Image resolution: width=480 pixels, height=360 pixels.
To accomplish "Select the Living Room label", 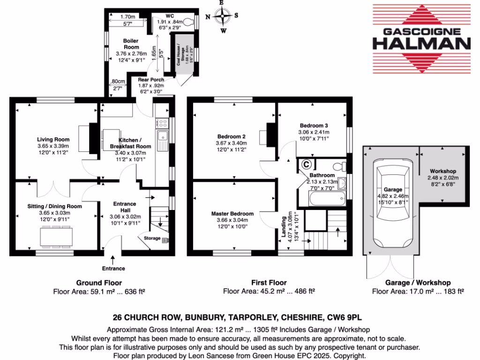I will click(x=53, y=139).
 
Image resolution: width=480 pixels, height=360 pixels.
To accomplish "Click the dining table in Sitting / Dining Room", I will click(x=56, y=236).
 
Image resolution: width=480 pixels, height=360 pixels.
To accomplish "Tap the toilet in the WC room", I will click(x=189, y=21).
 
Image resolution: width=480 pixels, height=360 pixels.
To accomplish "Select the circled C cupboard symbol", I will click(x=307, y=165).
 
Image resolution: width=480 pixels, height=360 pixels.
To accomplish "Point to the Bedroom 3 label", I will click(x=314, y=126).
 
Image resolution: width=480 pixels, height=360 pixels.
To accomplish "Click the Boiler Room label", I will click(x=131, y=45).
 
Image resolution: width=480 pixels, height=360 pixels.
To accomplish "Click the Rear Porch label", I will click(x=151, y=80).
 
